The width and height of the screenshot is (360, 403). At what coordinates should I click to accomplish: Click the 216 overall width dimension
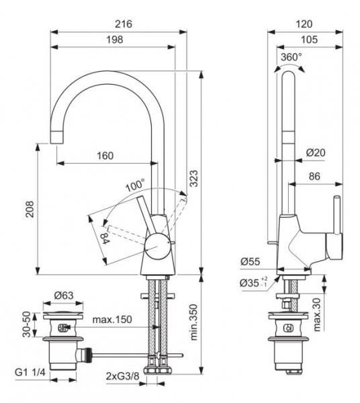(x=124, y=24)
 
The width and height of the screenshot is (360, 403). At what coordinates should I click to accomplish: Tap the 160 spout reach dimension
(x=104, y=155)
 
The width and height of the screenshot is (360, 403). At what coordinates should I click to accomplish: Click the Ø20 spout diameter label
(x=316, y=152)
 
